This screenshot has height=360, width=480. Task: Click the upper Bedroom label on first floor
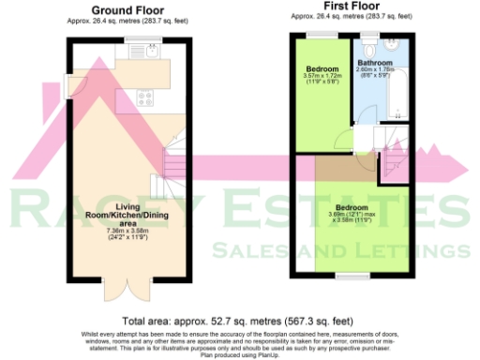(x=323, y=69)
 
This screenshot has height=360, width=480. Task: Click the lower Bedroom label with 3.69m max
(x=352, y=207)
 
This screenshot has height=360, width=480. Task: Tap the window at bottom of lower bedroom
(x=352, y=277)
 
